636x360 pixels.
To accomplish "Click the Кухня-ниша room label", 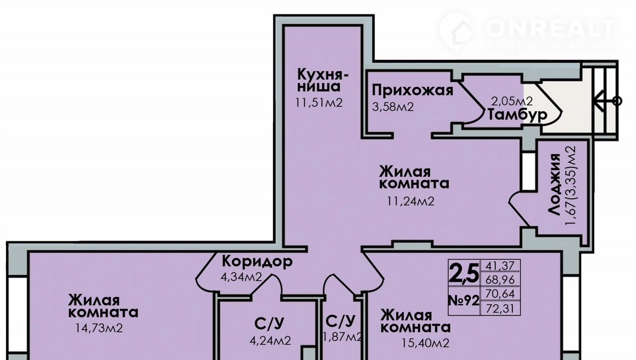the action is point(323,80).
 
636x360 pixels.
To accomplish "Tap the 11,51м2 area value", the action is point(318,103).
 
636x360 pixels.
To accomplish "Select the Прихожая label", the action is point(412,91).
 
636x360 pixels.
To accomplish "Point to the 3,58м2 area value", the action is point(393,107).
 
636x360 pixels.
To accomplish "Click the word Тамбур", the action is point(517,115).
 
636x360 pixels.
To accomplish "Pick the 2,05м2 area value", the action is point(512,101).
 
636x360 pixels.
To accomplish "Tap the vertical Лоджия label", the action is point(555,185).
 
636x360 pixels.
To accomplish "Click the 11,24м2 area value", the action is point(410,202).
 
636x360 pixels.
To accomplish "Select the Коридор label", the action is point(257,261).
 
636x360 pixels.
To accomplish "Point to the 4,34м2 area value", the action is point(241,277).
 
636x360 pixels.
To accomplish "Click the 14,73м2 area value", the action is point(99,328).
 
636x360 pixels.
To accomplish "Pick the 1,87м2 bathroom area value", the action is point(343,337).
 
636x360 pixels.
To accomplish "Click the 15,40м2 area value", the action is point(425,344).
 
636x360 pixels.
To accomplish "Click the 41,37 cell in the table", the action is point(500,266).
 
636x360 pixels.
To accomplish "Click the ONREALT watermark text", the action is point(551,28).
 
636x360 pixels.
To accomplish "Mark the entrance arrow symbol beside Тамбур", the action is point(608,101).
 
